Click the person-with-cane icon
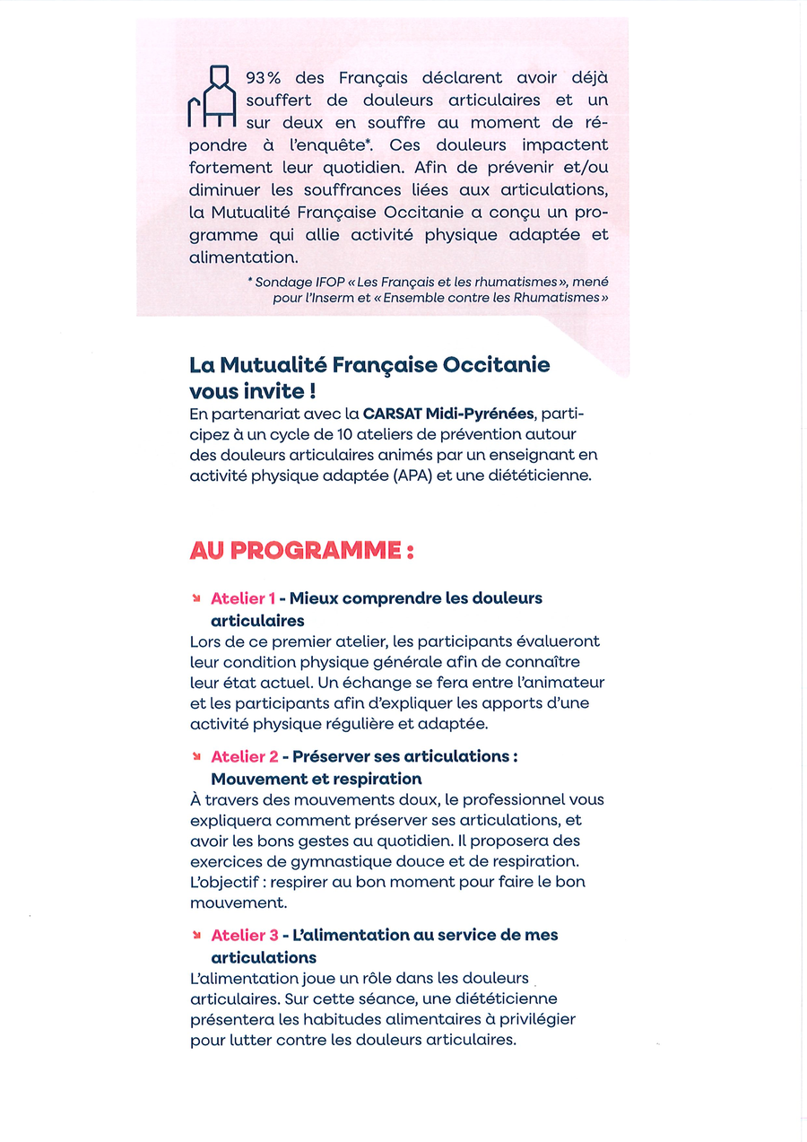(211, 97)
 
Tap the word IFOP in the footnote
(332, 283)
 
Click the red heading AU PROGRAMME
(300, 550)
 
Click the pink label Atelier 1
(242, 598)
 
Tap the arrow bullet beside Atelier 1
(195, 598)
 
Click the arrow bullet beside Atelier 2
(195, 757)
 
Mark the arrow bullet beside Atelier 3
(195, 936)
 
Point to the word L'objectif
(226, 883)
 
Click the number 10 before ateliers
(356, 435)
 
